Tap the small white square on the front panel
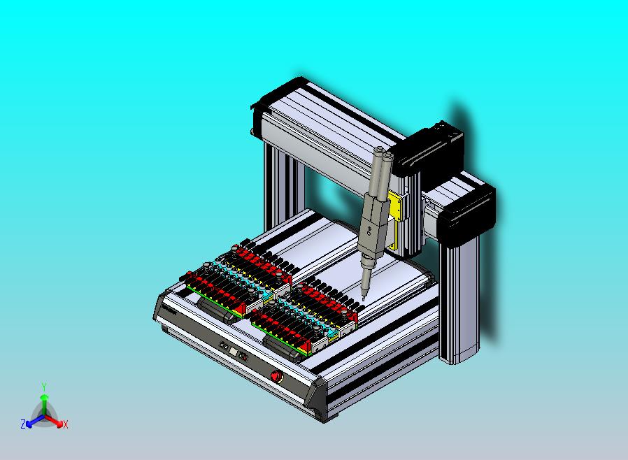(x=233, y=351)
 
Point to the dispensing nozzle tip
(x=363, y=299)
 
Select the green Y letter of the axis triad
(x=44, y=387)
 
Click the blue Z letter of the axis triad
(x=23, y=424)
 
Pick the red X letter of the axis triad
(x=66, y=424)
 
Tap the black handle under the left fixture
(x=217, y=310)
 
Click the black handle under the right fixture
(x=283, y=347)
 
